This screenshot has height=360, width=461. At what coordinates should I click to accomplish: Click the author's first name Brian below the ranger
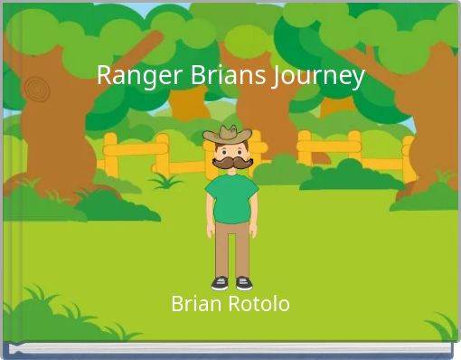coord(195,304)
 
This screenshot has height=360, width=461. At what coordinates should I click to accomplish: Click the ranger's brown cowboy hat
coord(228,135)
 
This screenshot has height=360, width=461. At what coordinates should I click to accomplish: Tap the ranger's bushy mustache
coord(231,164)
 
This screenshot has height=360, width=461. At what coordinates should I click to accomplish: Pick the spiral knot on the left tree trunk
coord(36,88)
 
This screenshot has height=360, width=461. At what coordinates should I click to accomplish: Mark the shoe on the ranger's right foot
coord(220,283)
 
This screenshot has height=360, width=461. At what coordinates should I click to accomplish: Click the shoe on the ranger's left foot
coord(243,283)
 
